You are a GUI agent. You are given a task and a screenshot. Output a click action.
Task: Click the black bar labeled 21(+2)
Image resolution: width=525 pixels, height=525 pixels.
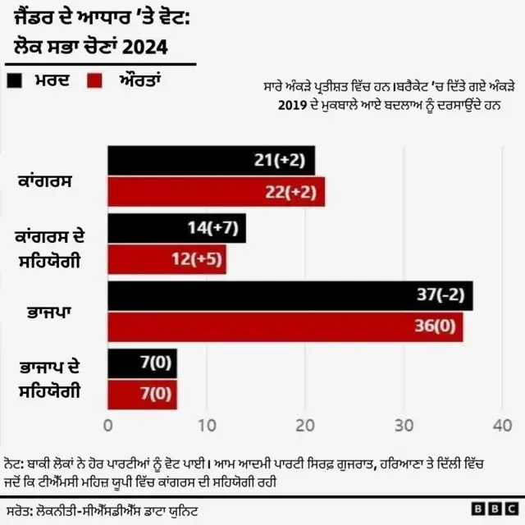[211, 161]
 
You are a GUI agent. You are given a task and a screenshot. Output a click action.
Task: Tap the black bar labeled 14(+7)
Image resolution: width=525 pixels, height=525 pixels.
[176, 229]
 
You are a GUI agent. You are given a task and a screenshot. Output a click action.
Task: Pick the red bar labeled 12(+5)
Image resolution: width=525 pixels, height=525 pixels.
[167, 259]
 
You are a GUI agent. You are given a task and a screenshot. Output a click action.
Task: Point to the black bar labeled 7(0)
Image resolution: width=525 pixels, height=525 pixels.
[142, 363]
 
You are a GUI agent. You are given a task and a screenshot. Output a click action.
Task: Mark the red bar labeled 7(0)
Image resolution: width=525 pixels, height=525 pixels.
[142, 394]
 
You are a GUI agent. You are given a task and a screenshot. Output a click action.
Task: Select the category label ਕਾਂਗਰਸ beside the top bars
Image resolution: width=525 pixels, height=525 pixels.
[47, 178]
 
